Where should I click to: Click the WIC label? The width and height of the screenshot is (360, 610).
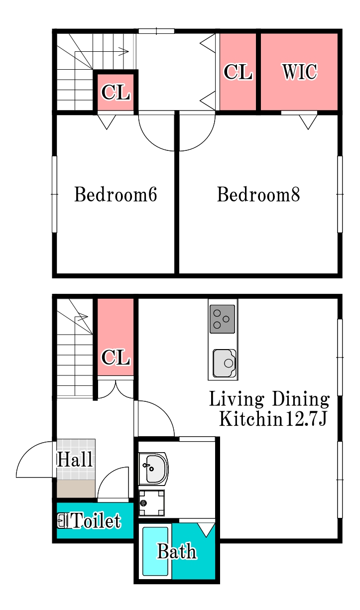(x=300, y=72)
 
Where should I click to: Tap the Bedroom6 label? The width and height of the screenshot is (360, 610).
(x=116, y=194)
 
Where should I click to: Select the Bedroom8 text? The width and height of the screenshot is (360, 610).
(x=258, y=194)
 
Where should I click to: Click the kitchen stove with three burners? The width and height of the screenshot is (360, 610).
(x=222, y=319)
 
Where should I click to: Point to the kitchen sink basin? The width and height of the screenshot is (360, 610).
(x=225, y=363)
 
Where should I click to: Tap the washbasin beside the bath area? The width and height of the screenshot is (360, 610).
(x=153, y=469)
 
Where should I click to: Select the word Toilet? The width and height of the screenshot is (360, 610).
(x=95, y=521)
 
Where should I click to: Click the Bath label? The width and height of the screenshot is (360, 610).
(x=177, y=551)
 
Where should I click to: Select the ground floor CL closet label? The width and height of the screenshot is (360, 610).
(x=116, y=357)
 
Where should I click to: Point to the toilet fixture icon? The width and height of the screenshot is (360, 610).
(x=63, y=520)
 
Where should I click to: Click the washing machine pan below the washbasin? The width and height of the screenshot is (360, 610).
(x=151, y=503)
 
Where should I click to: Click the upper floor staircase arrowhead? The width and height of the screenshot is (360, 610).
(x=124, y=51)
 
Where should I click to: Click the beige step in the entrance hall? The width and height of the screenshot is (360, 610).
(x=76, y=489)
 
